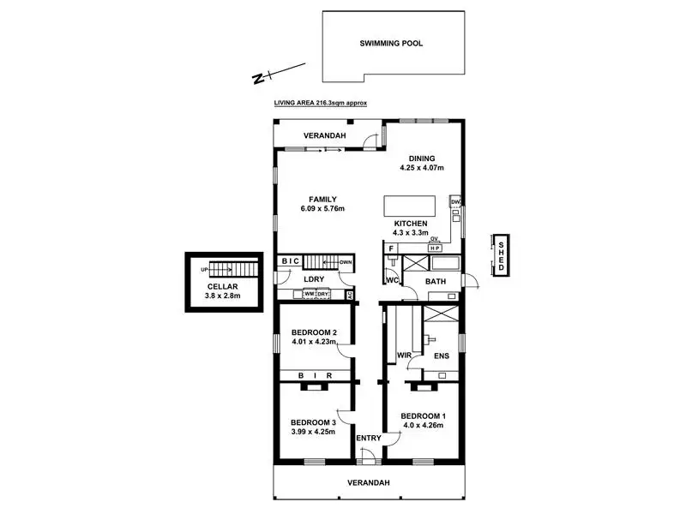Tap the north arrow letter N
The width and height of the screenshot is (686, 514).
click(257, 79)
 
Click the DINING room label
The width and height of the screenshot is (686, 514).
click(422, 158)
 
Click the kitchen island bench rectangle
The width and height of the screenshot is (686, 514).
click(408, 206)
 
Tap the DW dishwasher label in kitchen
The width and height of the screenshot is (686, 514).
click(456, 202)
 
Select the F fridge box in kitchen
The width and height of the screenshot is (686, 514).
click(391, 248)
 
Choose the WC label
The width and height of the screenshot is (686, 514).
click(393, 280)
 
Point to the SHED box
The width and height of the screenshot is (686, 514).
click(502, 255)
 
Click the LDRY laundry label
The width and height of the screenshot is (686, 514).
click(313, 279)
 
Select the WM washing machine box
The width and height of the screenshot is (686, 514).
click(309, 295)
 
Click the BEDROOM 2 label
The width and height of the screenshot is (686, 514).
click(313, 333)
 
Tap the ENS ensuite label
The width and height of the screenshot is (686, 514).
click(442, 355)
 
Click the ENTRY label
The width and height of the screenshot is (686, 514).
click(369, 439)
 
